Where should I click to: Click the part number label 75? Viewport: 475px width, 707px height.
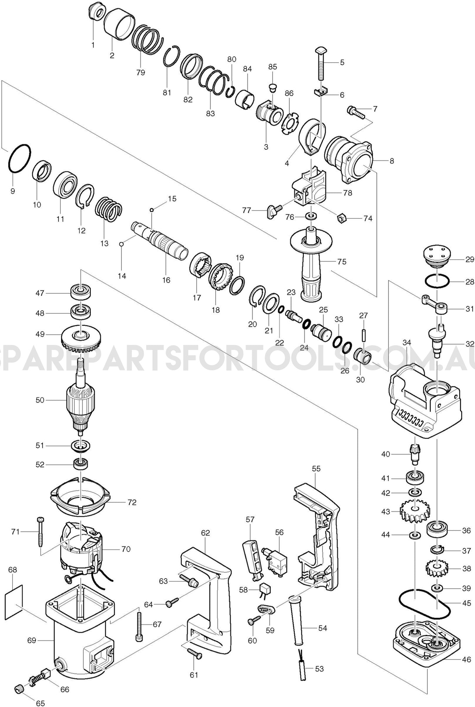tap(342, 262)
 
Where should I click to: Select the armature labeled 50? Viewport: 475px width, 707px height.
tap(81, 401)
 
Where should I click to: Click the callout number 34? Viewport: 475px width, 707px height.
tap(407, 342)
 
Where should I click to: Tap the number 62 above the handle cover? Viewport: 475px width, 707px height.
tap(205, 533)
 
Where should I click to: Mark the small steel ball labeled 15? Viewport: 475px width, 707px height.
tap(152, 210)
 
